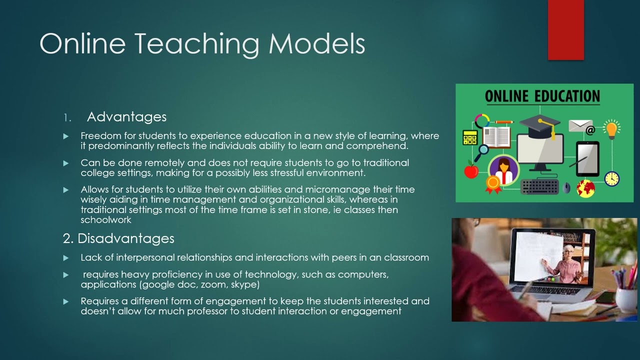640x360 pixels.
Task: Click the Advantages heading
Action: (x=126, y=117)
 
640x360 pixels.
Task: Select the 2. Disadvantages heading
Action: (x=118, y=238)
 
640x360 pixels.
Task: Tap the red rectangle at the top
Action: (x=565, y=30)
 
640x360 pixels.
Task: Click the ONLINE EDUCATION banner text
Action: (x=542, y=96)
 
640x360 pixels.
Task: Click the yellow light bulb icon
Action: (x=611, y=128)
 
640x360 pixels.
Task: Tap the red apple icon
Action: (x=471, y=171)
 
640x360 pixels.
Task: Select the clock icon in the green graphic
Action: (x=611, y=178)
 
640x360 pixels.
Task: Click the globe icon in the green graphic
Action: (x=585, y=188)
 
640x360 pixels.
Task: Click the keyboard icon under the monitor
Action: (x=539, y=186)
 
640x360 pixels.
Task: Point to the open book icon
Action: (x=496, y=136)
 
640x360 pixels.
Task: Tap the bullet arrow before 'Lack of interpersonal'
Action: (x=65, y=258)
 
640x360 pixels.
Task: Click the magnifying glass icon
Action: (x=483, y=149)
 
